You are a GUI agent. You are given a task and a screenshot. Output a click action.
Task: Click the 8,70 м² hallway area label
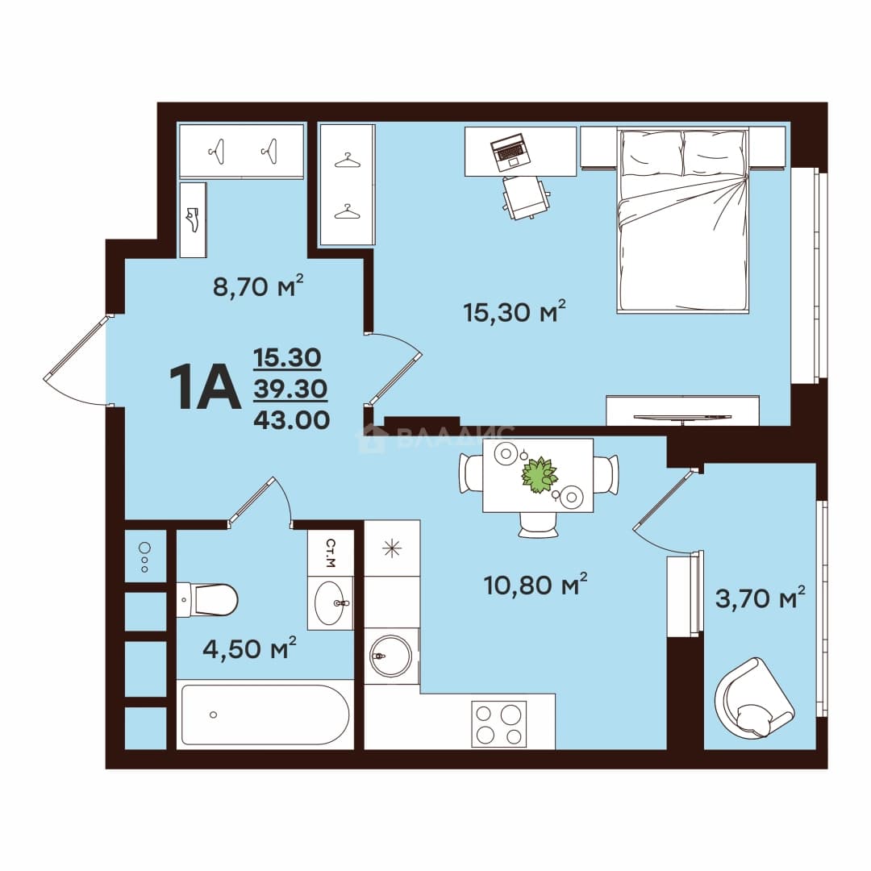point(258,285)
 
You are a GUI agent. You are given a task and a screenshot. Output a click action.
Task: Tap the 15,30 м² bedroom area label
point(515,311)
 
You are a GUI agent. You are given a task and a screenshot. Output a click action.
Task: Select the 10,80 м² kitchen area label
point(536,584)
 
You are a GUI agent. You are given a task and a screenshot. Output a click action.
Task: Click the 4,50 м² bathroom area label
point(249,648)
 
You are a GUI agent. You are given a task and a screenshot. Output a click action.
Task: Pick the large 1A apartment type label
point(204,386)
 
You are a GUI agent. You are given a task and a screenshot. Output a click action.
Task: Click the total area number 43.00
point(292,420)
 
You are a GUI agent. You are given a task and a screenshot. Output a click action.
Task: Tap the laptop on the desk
point(509,152)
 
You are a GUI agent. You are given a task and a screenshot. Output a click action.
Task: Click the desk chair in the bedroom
point(526,198)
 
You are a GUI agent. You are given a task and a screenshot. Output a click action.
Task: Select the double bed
point(683,220)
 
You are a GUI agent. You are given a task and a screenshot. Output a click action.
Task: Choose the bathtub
point(265,715)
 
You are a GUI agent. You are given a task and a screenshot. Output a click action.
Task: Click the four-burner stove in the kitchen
point(499,723)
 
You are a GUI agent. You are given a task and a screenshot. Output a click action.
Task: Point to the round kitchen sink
point(391,656)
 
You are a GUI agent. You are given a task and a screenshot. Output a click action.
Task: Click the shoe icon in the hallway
point(192,219)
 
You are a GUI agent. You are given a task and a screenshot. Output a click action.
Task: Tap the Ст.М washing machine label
point(331,552)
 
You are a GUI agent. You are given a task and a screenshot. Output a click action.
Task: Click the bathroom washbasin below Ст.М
point(332,602)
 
